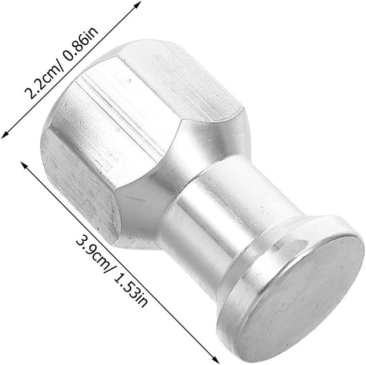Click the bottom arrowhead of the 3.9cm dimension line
(x=215, y=360)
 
